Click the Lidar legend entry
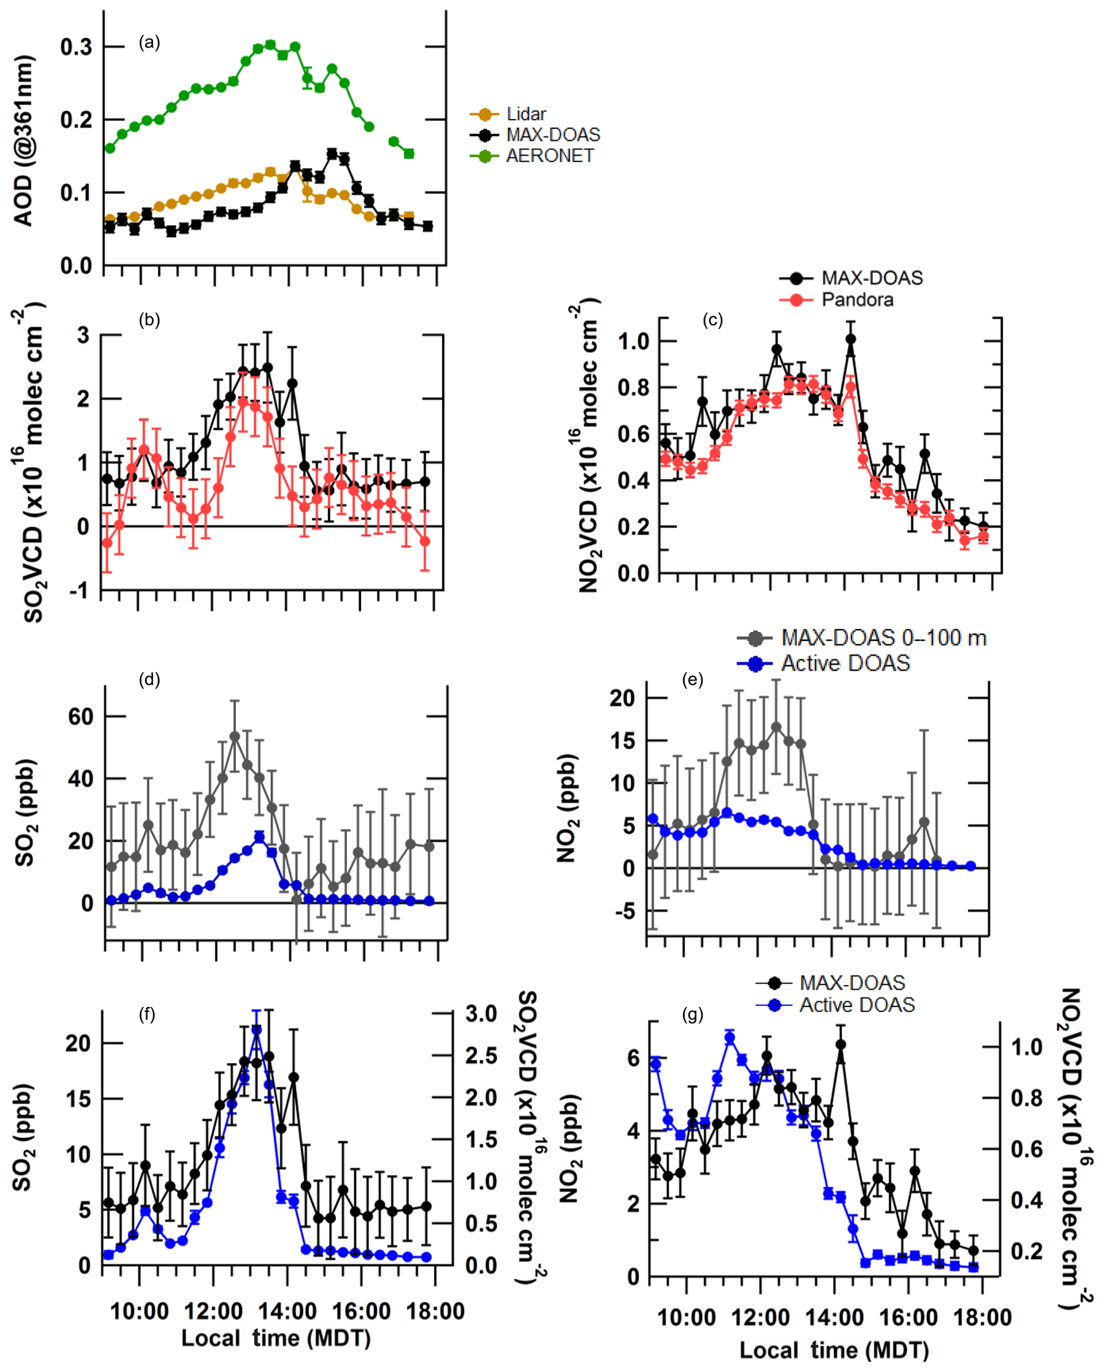(x=526, y=114)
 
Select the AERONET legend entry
(x=550, y=156)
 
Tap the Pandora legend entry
(x=857, y=300)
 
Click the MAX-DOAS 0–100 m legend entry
(x=883, y=637)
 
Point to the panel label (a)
(x=150, y=43)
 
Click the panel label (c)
(x=712, y=320)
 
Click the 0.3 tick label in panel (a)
(x=76, y=47)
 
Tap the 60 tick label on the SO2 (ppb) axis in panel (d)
(x=81, y=717)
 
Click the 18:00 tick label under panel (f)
(x=435, y=1312)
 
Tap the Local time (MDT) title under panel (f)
(x=276, y=1338)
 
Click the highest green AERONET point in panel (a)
(x=270, y=44)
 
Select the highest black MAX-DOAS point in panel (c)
(x=851, y=339)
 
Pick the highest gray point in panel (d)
(x=235, y=736)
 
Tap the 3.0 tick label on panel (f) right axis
(x=481, y=1013)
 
